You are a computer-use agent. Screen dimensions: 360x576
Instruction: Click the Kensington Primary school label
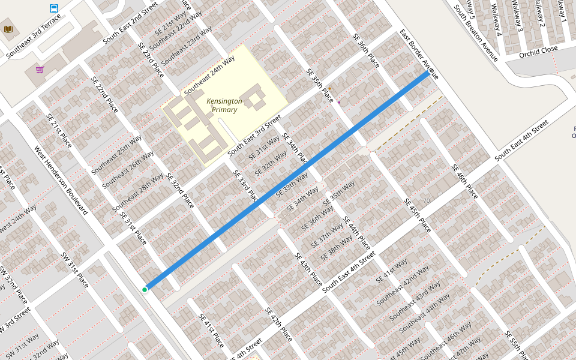(x=224, y=105)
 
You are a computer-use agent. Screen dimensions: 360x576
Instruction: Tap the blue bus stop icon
(x=54, y=8)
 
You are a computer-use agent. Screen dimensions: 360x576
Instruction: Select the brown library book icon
(x=8, y=29)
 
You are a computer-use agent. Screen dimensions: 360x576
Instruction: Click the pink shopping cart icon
(x=40, y=70)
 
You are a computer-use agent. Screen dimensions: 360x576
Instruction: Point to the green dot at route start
(x=145, y=290)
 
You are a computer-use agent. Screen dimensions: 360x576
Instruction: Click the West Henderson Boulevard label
(x=61, y=181)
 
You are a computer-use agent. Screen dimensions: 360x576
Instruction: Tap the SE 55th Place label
(x=516, y=344)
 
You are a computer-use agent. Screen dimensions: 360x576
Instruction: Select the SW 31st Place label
(x=74, y=270)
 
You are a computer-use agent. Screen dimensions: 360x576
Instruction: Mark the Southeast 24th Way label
(x=209, y=76)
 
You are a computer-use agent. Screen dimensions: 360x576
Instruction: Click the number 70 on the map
(x=427, y=200)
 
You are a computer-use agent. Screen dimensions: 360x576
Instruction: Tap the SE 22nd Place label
(x=104, y=95)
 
